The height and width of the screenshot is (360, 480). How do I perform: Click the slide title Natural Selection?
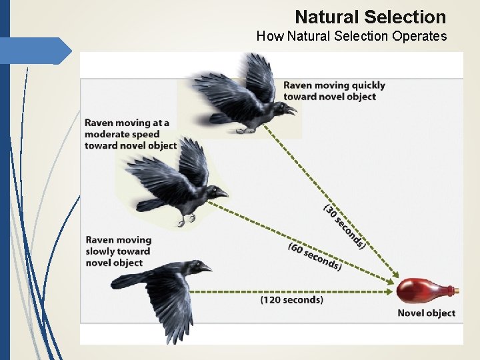point(370,17)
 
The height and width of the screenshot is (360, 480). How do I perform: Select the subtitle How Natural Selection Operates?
point(351,36)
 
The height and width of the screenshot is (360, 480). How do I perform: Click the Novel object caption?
point(426,313)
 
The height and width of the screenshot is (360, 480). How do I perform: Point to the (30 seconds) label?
point(344,227)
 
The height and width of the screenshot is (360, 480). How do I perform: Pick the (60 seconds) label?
point(315,257)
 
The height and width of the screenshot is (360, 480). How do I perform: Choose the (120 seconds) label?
point(291,300)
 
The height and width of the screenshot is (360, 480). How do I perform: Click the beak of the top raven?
point(291,109)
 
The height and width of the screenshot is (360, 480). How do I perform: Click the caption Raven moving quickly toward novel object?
point(334,91)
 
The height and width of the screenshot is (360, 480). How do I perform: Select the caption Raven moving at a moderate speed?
point(130,134)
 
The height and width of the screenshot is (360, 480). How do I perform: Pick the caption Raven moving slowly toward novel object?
point(119,251)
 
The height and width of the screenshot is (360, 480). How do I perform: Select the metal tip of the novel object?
point(455,291)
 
